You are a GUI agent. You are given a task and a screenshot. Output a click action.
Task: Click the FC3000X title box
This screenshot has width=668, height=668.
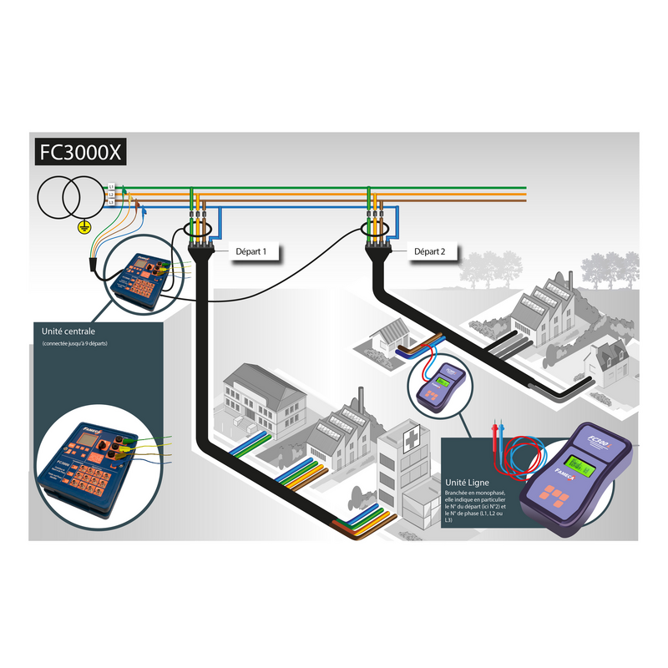point(81,154)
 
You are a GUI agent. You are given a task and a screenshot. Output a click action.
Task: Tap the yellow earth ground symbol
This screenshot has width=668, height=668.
point(83,225)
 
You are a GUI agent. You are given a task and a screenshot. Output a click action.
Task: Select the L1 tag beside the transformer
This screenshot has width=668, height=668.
point(111,187)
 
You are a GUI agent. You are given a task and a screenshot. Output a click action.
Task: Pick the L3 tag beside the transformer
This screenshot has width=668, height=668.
point(111,203)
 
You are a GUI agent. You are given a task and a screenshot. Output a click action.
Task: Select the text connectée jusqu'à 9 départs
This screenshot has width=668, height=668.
point(75,344)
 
